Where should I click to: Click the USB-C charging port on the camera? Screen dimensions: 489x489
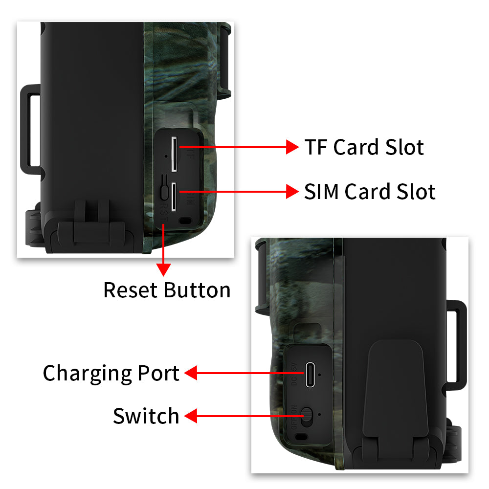click(310, 374)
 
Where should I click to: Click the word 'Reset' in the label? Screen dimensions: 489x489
click(131, 290)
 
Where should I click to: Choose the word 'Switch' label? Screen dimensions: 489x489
click(146, 416)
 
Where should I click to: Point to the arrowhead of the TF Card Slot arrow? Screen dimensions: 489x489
click(292, 146)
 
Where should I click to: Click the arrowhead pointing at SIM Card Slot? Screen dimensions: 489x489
click(292, 191)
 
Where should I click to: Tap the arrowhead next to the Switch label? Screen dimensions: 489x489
click(190, 417)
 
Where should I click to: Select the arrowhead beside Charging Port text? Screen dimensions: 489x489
click(190, 374)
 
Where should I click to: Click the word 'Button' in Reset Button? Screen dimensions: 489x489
click(197, 290)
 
